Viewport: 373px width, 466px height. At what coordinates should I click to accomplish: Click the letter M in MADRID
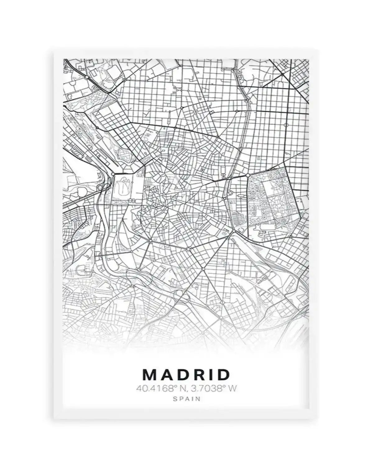[x=149, y=375]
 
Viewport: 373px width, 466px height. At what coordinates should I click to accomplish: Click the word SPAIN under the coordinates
[x=186, y=399]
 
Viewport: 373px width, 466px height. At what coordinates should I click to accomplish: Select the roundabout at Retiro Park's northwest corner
[x=248, y=176]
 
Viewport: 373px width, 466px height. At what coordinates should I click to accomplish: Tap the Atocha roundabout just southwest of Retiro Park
[x=233, y=231]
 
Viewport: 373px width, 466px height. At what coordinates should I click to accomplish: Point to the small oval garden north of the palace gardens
[x=123, y=154]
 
